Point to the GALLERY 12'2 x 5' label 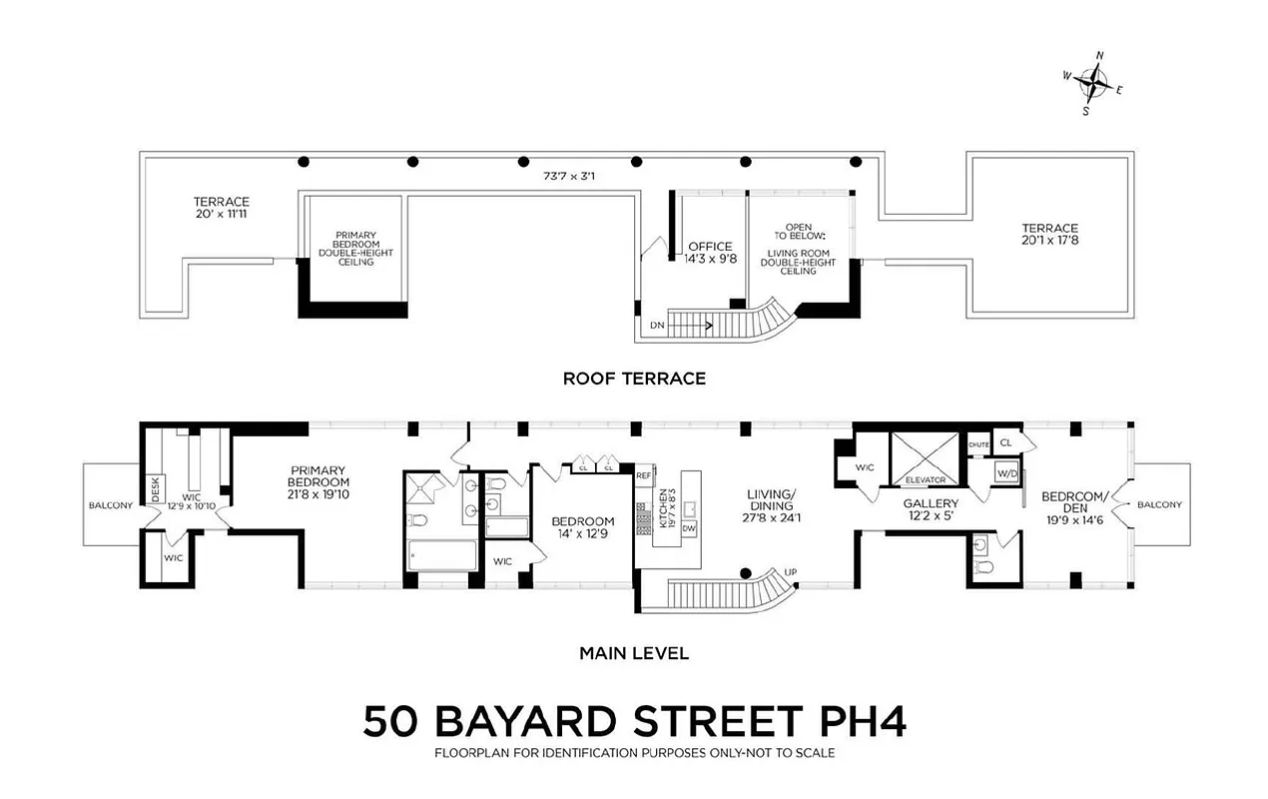coord(931,510)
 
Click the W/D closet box coord(1004,474)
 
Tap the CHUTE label coord(978,444)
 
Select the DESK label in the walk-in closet coord(155,488)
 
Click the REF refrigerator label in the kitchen coord(644,475)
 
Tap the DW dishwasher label coord(689,528)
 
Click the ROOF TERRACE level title coord(634,379)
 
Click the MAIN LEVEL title coord(634,654)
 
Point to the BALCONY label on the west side coord(110,505)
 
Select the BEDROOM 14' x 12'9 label coord(583,527)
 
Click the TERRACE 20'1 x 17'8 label coord(1049,235)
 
